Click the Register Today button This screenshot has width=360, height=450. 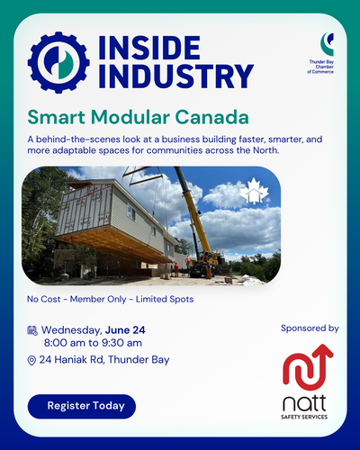tap(82, 406)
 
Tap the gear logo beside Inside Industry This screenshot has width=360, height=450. tap(58, 62)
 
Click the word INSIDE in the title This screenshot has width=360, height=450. tap(149, 48)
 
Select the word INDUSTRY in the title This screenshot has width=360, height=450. tap(176, 76)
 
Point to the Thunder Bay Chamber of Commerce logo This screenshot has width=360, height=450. tap(321, 53)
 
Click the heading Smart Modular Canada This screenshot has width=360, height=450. tap(138, 117)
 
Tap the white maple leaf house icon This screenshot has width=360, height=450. tap(254, 191)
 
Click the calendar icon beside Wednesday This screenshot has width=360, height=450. tap(32, 330)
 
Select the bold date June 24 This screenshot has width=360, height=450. tap(125, 330)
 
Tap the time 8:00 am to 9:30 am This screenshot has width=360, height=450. tap(93, 343)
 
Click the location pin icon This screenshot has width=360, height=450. tap(31, 360)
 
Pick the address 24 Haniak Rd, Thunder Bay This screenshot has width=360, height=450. tap(104, 359)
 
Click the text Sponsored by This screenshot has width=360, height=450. tap(310, 328)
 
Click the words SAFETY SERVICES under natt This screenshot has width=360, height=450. tap(304, 417)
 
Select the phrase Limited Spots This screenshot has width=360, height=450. tap(165, 299)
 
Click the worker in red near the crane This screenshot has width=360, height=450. tap(176, 269)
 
